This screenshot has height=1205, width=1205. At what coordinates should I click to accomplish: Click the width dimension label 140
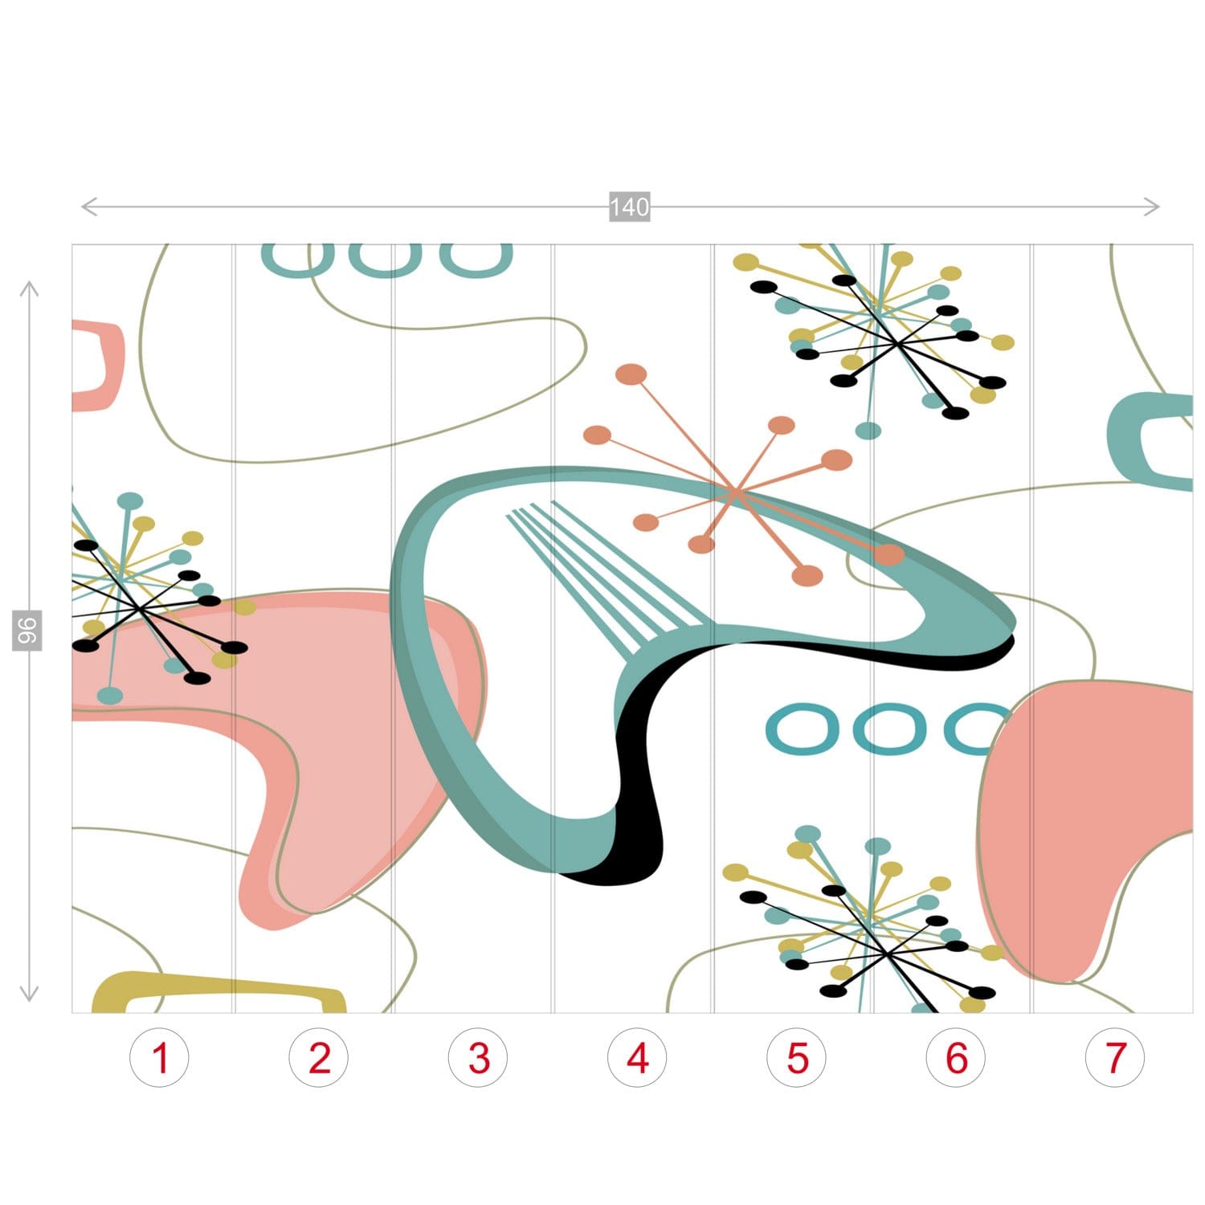coord(629,207)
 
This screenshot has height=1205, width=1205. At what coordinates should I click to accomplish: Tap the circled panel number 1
coord(160,1058)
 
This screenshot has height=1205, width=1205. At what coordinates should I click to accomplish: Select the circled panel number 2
coord(319,1058)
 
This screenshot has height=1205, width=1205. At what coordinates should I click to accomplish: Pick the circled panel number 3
coord(478,1058)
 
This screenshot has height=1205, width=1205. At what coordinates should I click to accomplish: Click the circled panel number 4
coord(637,1058)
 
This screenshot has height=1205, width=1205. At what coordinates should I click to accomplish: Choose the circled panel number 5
coord(797,1058)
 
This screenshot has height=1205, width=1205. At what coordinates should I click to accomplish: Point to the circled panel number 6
coord(956,1058)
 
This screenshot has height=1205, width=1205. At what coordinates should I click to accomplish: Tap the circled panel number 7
coord(1115,1058)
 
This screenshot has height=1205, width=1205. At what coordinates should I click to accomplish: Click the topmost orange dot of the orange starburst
coord(631,374)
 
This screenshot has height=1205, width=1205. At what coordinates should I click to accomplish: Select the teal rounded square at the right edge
coord(1121,438)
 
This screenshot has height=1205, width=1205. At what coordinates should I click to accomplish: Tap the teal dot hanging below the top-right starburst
coord(868,431)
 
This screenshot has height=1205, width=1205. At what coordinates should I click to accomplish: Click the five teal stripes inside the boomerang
coord(607,572)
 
